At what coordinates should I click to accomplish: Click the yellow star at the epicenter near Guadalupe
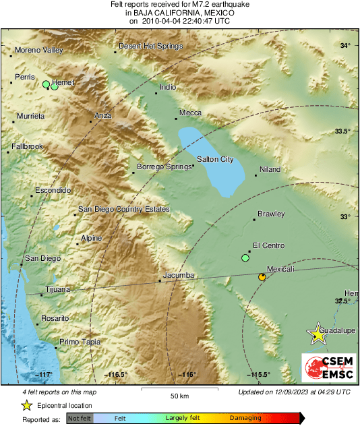(x=317, y=333)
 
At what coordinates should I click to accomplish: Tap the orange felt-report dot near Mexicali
(x=262, y=276)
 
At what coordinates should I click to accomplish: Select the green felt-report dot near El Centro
(x=245, y=258)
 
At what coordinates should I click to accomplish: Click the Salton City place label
(x=215, y=159)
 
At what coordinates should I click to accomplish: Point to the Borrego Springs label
(x=164, y=166)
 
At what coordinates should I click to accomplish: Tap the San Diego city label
(x=42, y=258)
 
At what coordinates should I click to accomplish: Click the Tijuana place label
(x=57, y=290)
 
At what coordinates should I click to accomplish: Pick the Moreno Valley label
(x=38, y=51)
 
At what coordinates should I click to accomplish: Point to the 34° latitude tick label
(x=345, y=46)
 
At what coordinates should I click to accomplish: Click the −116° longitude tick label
(x=187, y=375)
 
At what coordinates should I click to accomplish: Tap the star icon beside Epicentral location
(x=26, y=405)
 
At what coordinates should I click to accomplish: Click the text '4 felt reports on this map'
(x=59, y=392)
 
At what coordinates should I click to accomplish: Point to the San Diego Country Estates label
(x=124, y=210)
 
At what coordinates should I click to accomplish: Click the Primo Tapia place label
(x=80, y=342)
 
